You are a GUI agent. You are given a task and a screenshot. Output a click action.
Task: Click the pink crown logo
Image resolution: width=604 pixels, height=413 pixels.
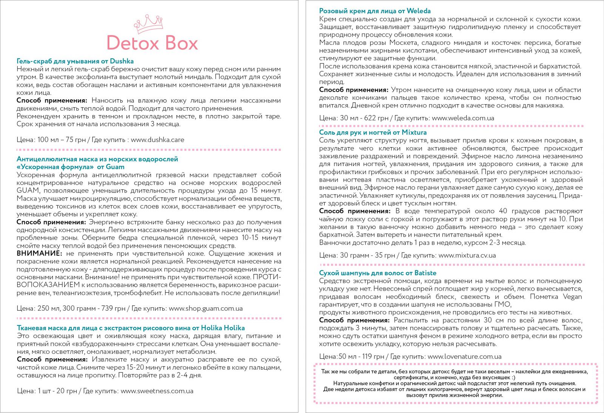pyautogui.click(x=148, y=24)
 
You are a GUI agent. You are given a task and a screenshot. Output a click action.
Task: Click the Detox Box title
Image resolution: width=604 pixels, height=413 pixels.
pyautogui.click(x=152, y=43)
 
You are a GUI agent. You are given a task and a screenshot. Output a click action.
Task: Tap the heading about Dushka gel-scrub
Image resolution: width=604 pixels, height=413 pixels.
pyautogui.click(x=75, y=61)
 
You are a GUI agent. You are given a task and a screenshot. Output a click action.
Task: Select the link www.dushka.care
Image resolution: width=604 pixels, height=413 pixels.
pyautogui.click(x=157, y=140)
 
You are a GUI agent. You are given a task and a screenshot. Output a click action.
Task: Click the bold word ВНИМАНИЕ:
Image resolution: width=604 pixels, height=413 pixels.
pyautogui.click(x=39, y=253)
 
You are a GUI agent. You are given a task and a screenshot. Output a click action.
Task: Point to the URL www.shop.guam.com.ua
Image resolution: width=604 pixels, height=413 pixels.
pyautogui.click(x=206, y=308)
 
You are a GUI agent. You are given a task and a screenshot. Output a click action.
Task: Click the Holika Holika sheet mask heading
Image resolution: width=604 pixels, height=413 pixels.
pyautogui.click(x=131, y=328)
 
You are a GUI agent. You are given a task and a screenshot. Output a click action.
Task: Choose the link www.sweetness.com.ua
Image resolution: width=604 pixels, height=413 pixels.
pyautogui.click(x=157, y=391)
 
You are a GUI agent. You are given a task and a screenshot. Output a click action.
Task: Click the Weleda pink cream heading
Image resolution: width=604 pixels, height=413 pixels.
pyautogui.click(x=375, y=11)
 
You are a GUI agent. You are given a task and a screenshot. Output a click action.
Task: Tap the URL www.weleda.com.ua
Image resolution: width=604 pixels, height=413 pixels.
pyautogui.click(x=463, y=118)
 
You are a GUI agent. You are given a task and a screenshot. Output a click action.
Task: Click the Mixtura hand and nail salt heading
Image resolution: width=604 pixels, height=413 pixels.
pyautogui.click(x=373, y=132)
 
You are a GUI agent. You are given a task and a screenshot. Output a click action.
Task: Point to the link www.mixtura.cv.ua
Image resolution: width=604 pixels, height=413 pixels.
pyautogui.click(x=467, y=256)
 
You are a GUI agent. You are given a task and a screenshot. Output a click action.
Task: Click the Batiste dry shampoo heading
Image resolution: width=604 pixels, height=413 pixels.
pyautogui.click(x=377, y=273)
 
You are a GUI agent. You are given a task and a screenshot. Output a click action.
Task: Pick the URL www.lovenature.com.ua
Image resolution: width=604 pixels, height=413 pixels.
pyautogui.click(x=464, y=356)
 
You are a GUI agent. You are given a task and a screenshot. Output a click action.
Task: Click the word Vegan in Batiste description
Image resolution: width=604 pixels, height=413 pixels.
pyautogui.click(x=572, y=297)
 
